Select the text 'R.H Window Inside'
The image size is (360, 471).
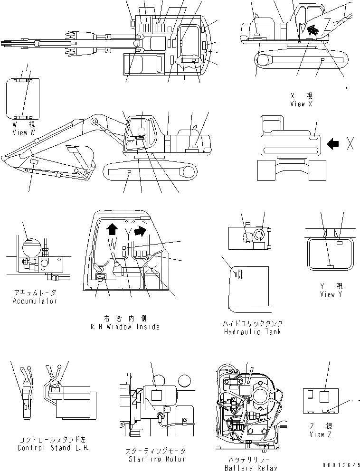tap(124, 327)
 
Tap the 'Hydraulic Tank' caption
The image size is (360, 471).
tap(252, 331)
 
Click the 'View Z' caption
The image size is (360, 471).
tap(317, 434)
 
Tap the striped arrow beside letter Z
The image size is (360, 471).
tap(312, 31)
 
